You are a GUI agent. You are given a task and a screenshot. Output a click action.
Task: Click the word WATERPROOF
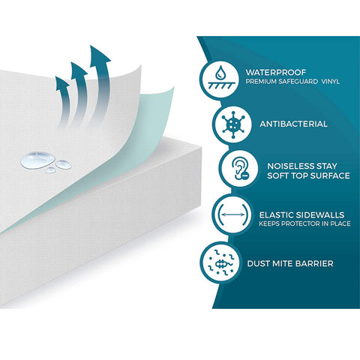click(x=276, y=73)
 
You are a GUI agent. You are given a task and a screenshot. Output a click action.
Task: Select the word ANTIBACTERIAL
click(x=293, y=124)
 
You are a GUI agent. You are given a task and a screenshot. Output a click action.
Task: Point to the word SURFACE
click(x=330, y=175)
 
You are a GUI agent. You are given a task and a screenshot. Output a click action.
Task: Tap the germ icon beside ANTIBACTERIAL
click(x=233, y=124)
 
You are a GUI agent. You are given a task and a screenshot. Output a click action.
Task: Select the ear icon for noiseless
click(x=240, y=168)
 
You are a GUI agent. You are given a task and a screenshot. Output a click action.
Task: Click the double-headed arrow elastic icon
click(x=232, y=214)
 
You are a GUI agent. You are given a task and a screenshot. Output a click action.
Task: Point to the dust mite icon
click(x=221, y=262)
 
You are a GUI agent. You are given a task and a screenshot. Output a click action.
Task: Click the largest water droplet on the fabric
click(x=37, y=160)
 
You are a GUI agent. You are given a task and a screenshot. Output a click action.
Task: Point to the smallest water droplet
click(x=50, y=170)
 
